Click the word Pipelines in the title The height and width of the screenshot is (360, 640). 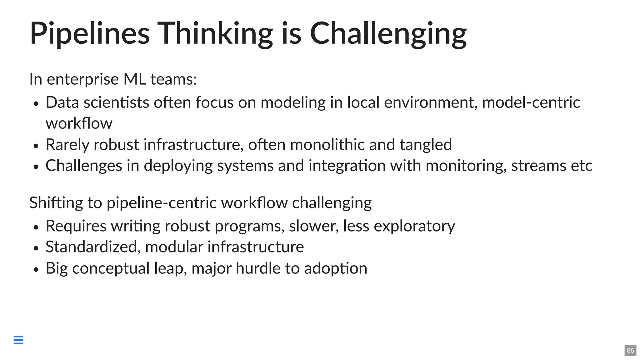click(x=90, y=33)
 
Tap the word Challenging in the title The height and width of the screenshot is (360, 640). click(x=388, y=33)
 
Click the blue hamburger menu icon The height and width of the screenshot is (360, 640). click(x=18, y=340)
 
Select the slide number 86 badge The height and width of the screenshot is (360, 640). click(x=630, y=350)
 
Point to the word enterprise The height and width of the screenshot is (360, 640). click(x=83, y=79)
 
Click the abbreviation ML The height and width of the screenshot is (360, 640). click(x=135, y=79)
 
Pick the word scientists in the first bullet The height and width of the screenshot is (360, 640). click(x=116, y=102)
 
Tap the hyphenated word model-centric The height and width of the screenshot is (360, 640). click(x=531, y=102)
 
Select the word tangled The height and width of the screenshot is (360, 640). click(x=426, y=145)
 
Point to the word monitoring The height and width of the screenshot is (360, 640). click(x=466, y=166)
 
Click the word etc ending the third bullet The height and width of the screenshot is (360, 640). click(x=582, y=166)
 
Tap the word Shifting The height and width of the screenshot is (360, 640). click(x=56, y=203)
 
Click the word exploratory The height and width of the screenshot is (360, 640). click(x=414, y=226)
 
